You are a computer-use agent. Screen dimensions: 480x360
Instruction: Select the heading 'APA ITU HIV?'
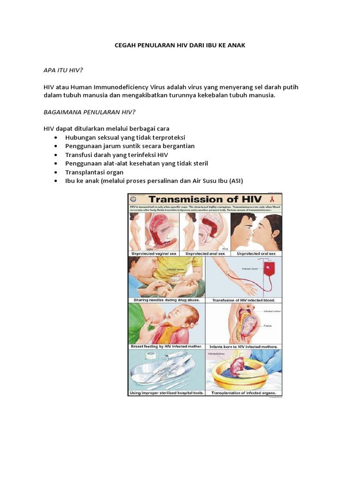coord(63,70)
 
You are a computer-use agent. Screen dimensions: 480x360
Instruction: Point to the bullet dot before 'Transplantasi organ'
coord(56,172)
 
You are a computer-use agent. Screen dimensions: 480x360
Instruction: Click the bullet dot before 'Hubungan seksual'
coord(56,137)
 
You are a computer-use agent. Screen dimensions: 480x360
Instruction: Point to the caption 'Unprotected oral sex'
coord(256,253)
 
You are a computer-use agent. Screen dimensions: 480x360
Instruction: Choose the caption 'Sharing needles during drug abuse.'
coord(160,300)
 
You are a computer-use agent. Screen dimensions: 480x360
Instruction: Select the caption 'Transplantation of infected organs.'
coord(243,393)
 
